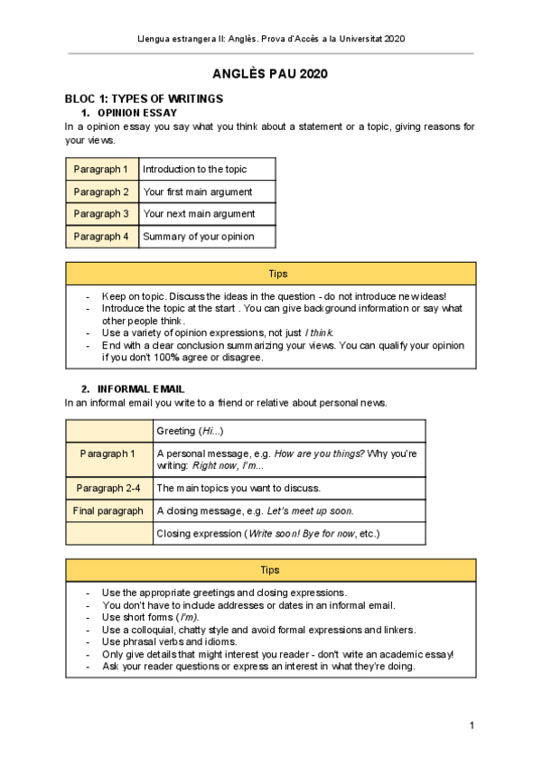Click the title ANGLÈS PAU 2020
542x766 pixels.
270,74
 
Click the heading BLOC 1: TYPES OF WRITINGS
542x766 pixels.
144,98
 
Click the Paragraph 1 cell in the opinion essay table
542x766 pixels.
101,169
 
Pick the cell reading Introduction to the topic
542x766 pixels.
194,169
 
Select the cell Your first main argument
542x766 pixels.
198,191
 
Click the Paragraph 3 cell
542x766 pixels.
101,214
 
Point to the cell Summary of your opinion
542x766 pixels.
199,237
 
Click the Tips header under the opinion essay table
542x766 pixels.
270,274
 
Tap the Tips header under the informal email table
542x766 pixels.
270,570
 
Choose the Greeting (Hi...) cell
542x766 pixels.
190,431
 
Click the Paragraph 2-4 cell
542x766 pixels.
107,488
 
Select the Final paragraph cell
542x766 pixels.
107,510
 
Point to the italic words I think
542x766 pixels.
319,333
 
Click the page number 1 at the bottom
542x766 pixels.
472,725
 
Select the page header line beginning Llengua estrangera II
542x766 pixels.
270,40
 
